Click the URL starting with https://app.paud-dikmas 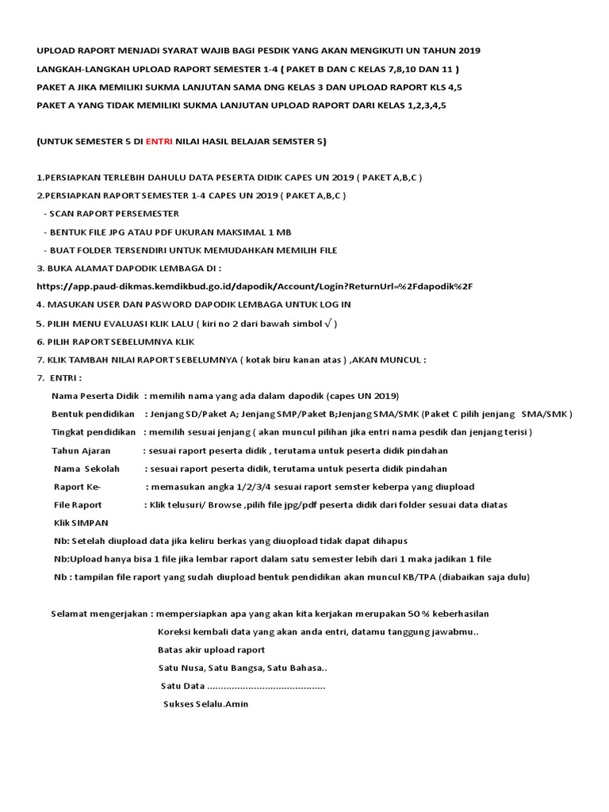pos(255,286)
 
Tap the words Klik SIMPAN pos(81,523)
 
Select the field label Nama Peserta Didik pos(95,396)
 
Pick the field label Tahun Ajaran pos(82,450)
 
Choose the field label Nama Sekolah pos(86,469)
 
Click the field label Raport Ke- pos(78,487)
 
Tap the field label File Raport pos(78,505)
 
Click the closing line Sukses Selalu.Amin pos(205,704)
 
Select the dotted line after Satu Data pos(266,686)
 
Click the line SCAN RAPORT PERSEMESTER pos(114,214)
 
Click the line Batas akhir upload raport pos(212,650)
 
